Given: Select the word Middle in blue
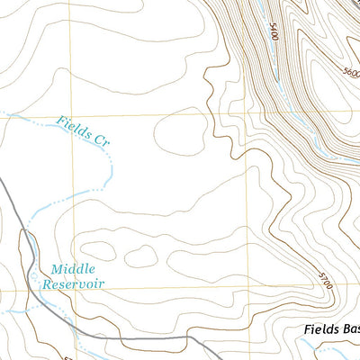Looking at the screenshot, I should click(72, 269).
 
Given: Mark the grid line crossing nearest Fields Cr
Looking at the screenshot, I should click(75, 115).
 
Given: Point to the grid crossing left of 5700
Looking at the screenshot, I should click(249, 288).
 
